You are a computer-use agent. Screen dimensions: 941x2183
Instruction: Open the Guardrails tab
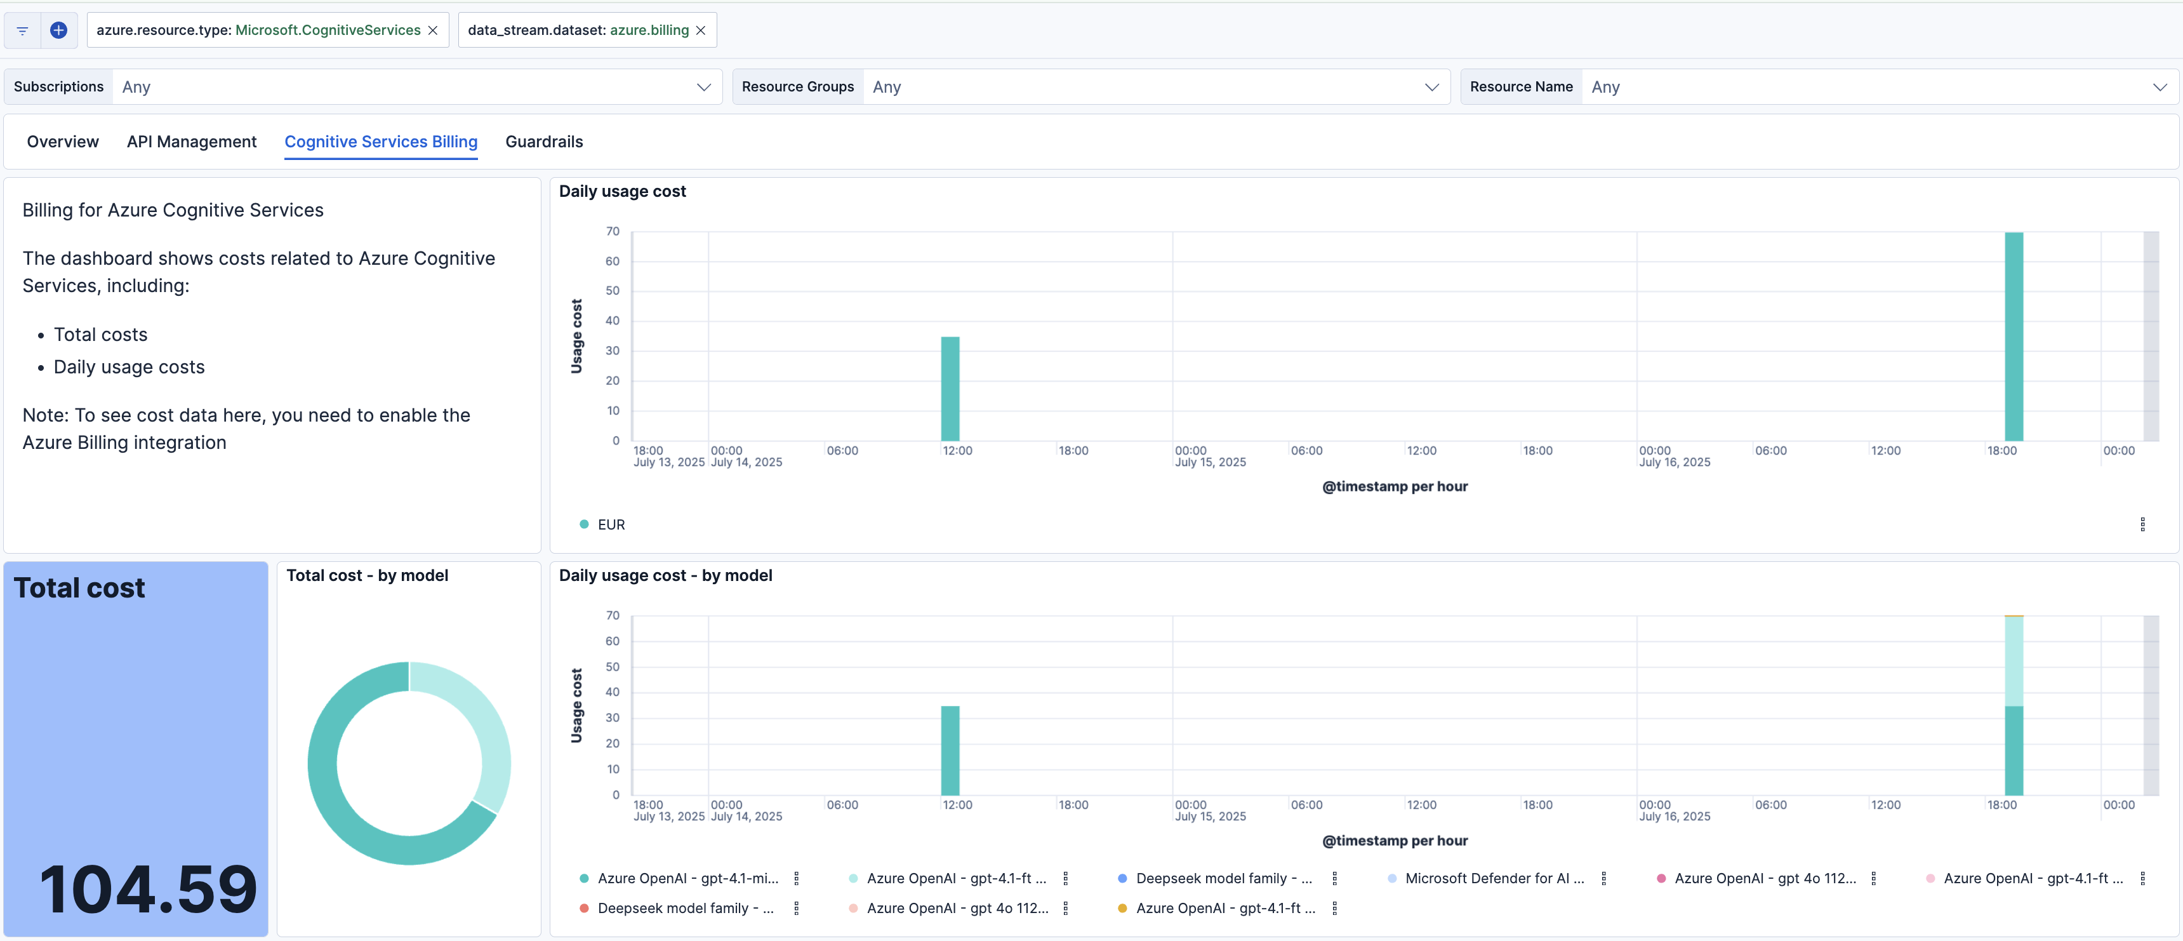click(x=544, y=142)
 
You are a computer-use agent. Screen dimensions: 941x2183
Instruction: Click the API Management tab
click(x=192, y=142)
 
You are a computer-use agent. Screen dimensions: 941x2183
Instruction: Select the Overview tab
click(x=63, y=142)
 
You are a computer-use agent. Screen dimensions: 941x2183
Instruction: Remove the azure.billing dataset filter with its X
click(x=701, y=30)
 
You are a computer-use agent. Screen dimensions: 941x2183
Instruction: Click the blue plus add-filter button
click(x=58, y=30)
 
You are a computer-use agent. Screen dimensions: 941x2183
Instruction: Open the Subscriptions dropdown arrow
click(x=703, y=88)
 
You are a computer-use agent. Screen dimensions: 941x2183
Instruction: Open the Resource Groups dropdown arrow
click(x=1431, y=88)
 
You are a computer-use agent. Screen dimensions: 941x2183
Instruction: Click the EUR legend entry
click(x=610, y=524)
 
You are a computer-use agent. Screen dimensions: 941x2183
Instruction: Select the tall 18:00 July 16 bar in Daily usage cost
click(x=2014, y=339)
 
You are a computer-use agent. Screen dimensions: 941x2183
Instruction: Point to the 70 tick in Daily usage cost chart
click(x=613, y=231)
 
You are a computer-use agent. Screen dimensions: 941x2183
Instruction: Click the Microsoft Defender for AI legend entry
click(x=1494, y=878)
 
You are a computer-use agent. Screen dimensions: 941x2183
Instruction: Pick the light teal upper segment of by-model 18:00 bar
click(x=2014, y=661)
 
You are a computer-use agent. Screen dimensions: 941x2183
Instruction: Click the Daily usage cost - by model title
click(x=665, y=576)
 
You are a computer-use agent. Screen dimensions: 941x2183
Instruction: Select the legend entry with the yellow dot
click(x=1224, y=908)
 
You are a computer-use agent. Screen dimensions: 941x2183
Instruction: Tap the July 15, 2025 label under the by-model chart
click(x=1210, y=817)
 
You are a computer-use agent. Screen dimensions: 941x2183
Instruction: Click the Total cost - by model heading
click(x=367, y=576)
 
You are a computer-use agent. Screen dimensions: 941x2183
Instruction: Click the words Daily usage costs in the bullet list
click(x=129, y=367)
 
